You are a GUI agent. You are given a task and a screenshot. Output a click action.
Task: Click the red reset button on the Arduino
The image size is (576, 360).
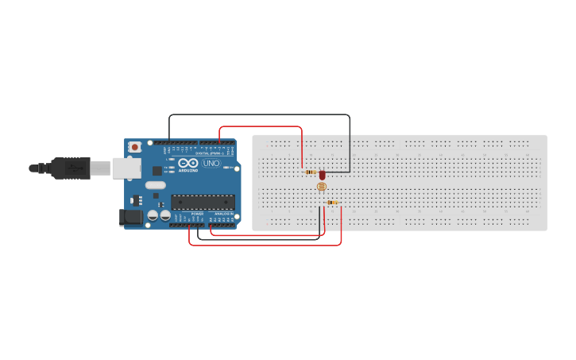135,147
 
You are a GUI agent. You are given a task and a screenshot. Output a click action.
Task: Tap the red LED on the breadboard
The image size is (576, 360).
322,174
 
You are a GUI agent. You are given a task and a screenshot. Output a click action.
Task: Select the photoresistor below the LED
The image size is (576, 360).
321,187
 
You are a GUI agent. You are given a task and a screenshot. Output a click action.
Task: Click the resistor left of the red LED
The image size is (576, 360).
310,172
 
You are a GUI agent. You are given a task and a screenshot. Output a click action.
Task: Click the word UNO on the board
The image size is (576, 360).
211,164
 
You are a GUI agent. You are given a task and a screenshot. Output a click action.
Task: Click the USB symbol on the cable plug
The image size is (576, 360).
75,168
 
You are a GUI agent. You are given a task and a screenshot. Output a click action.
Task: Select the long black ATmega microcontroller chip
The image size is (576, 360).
203,203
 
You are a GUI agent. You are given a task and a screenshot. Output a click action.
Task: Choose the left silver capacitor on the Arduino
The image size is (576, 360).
152,215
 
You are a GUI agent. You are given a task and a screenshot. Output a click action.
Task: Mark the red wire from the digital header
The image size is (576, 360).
262,126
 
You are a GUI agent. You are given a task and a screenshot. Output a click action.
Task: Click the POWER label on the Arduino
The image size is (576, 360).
198,214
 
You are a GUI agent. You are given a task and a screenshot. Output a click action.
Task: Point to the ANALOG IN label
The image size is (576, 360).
222,214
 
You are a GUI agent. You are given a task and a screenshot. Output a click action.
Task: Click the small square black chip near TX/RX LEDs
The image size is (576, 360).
157,169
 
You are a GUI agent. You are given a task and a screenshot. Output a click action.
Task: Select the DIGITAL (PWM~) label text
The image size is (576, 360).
209,153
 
